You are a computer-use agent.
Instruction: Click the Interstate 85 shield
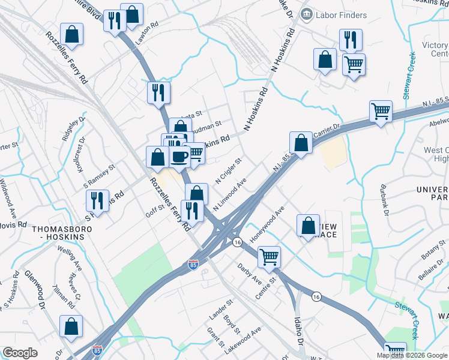pos(192,265)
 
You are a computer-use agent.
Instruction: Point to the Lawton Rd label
pos(147,33)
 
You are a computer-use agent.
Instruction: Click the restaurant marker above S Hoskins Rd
pos(97,200)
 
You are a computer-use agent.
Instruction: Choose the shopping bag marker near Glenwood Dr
pos(71,326)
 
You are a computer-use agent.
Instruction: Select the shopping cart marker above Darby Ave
pos(270,256)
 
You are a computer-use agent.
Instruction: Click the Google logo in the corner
pos(20,353)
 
